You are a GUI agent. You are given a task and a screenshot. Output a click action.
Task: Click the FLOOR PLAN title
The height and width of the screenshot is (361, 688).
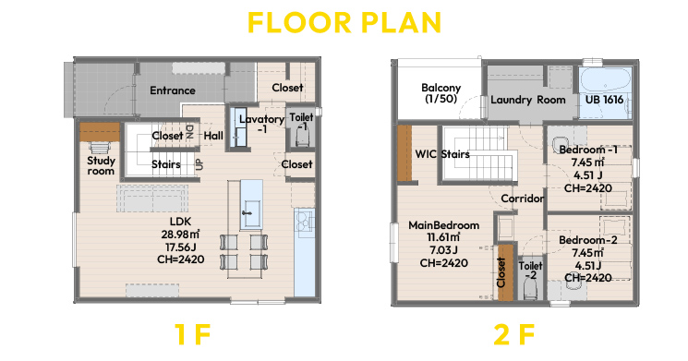[344, 22]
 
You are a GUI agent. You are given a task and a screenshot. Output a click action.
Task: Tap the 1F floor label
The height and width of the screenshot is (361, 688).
[193, 334]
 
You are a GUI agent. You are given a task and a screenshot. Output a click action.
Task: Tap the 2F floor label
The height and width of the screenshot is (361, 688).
[513, 334]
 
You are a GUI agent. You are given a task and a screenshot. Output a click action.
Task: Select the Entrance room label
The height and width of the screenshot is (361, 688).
[173, 90]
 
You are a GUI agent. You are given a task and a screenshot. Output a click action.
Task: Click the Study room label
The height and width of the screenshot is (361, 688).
[101, 166]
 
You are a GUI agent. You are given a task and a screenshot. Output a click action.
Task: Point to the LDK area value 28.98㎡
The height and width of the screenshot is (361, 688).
[181, 235]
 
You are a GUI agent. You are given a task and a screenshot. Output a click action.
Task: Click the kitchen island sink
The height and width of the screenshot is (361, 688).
[251, 213]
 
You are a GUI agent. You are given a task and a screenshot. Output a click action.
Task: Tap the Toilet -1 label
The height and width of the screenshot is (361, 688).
[301, 122]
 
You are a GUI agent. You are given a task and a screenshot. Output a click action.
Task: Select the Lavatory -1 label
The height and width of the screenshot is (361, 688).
[261, 124]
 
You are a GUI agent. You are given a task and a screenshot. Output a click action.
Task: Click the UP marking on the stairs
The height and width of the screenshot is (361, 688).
[199, 164]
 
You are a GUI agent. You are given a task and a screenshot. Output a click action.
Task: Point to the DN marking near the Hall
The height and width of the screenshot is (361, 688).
[190, 132]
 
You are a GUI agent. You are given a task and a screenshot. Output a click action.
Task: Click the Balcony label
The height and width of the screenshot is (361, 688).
[441, 93]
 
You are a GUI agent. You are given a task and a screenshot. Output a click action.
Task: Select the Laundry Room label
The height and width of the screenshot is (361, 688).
[528, 100]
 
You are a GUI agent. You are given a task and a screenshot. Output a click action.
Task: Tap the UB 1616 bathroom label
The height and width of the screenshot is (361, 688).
[604, 100]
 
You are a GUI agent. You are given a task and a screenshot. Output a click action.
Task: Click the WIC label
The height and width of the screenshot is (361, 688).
[426, 154]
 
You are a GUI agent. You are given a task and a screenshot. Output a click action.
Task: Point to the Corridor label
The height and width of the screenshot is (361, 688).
[522, 199]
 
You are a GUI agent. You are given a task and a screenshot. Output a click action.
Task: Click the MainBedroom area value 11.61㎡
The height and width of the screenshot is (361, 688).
[443, 237]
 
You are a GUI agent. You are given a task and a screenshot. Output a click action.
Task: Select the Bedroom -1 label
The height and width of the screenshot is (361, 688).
[588, 150]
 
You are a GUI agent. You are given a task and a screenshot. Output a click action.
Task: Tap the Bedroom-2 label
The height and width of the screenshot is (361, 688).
[588, 240]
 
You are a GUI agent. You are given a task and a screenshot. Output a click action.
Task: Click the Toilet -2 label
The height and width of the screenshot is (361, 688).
[530, 271]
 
